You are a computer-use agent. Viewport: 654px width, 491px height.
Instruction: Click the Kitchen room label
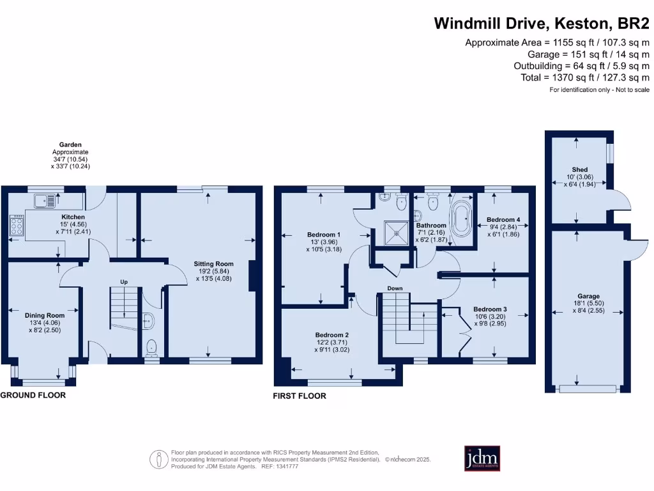coord(72,217)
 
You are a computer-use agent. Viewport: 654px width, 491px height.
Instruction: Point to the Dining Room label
coord(45,315)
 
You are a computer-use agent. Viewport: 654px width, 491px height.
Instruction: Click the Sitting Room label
coord(214,263)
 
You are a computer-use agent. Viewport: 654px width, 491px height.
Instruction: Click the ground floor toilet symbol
coord(151,347)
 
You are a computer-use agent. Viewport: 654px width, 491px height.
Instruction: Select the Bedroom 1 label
coord(324,235)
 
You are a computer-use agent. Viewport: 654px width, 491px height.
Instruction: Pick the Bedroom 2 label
coord(332,335)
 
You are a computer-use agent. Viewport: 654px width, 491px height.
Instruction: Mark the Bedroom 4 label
coord(503,220)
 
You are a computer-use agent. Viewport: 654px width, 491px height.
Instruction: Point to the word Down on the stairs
coord(395,288)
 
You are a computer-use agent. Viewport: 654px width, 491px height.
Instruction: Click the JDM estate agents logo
coord(482,458)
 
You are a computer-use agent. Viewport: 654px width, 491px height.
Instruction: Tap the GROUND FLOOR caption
coord(33,395)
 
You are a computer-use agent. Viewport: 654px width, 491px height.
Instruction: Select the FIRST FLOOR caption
coord(300,396)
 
